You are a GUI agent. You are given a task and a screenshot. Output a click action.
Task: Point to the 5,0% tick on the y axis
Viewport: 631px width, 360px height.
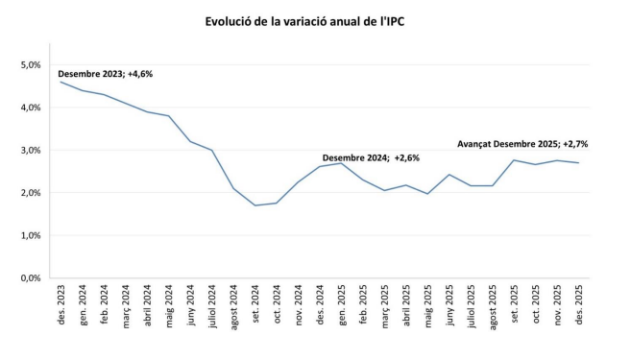(29, 65)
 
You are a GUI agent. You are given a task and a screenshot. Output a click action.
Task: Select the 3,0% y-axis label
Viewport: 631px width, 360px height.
(29, 151)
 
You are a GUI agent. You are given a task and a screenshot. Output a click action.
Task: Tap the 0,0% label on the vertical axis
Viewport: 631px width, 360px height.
(29, 278)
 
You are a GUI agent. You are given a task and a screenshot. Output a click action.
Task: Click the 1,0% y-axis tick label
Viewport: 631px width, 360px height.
(29, 235)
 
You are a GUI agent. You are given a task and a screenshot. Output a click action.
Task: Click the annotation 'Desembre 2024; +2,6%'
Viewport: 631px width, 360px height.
(370, 157)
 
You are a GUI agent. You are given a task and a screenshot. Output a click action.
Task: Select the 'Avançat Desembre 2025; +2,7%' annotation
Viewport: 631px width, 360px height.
(522, 143)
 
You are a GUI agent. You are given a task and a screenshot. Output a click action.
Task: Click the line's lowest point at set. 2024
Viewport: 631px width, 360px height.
(255, 205)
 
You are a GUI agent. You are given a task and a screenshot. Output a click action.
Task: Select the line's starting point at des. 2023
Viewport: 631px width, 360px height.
(61, 82)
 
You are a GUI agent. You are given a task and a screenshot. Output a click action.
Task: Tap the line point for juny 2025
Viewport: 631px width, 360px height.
(449, 175)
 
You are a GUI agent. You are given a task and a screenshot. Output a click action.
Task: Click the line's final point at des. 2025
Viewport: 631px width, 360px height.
(578, 163)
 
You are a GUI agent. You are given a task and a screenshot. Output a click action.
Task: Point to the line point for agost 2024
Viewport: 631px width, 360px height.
(233, 188)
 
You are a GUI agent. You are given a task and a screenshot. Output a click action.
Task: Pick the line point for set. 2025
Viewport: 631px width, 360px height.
(514, 160)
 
